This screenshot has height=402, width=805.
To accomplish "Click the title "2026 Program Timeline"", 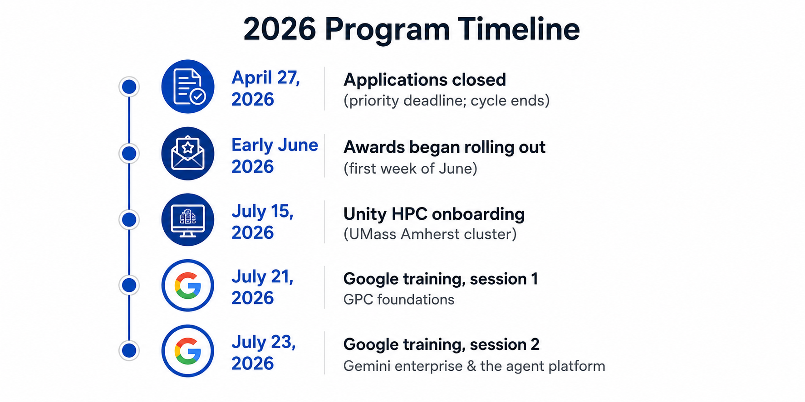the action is (x=411, y=29).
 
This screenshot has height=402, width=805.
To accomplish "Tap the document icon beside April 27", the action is (x=188, y=86).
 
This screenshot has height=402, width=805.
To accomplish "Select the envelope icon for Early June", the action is (x=188, y=153).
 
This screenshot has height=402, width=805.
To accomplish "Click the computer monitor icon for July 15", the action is (x=188, y=220).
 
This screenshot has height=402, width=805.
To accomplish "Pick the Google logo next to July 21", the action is (x=188, y=285).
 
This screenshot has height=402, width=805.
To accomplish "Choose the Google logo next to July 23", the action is (x=188, y=351).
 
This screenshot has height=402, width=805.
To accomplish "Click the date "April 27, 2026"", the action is (x=266, y=88).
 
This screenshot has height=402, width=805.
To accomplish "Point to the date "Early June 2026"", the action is (x=275, y=155).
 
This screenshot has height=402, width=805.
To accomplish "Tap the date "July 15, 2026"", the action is (x=263, y=222).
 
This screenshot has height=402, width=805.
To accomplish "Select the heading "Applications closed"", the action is (x=425, y=80).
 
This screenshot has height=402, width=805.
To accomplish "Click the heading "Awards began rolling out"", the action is (x=444, y=147).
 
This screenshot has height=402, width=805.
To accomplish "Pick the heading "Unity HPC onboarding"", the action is (x=434, y=214).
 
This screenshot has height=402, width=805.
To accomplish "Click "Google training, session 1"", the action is (x=441, y=279).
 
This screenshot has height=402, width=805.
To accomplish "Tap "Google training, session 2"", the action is (x=442, y=344).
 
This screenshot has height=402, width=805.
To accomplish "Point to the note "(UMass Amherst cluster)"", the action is (x=430, y=234).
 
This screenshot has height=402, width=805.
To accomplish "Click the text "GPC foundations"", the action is (x=399, y=300).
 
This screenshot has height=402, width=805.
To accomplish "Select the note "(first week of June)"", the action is (x=410, y=169).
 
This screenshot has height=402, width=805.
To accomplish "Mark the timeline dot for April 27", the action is (x=129, y=87).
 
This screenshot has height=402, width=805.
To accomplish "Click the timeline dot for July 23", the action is (x=129, y=350).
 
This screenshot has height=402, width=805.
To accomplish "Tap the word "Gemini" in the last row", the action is (x=364, y=366).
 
